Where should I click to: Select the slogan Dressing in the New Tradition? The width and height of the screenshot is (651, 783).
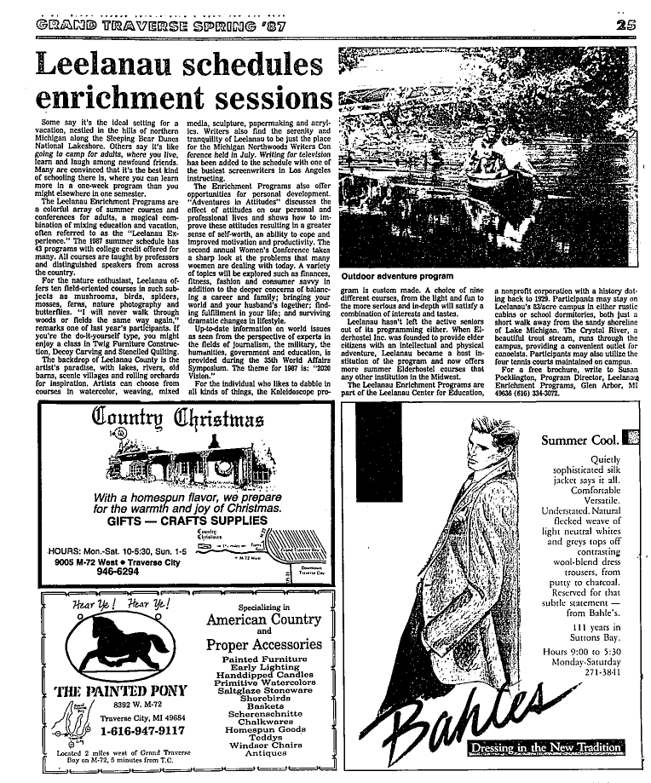pyautogui.click(x=544, y=747)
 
